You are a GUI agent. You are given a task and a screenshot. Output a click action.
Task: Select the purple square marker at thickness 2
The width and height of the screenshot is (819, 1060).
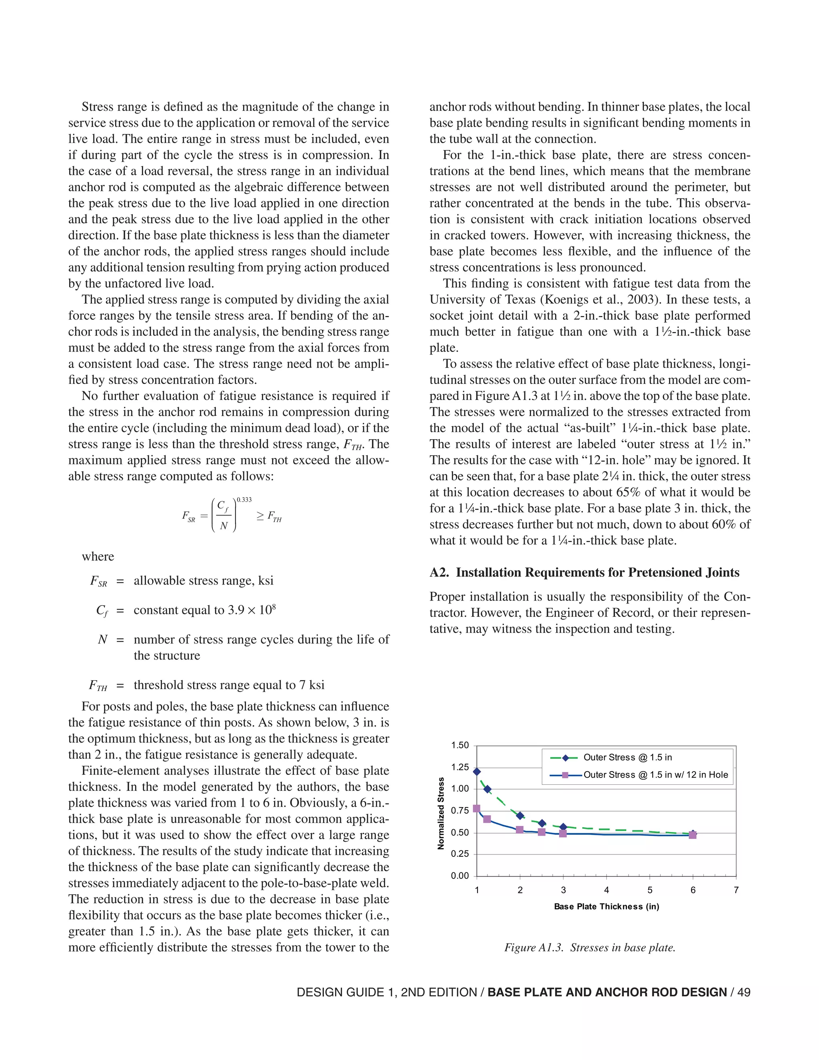(519, 830)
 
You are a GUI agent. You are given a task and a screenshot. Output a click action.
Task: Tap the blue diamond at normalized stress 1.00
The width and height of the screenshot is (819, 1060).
(487, 789)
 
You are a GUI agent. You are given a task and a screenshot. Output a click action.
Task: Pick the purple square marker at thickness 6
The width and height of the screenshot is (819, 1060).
(692, 835)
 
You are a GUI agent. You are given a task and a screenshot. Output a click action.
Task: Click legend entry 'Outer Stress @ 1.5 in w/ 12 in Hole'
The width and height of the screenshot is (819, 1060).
(655, 775)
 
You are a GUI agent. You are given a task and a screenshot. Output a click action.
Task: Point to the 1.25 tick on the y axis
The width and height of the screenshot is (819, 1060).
(460, 767)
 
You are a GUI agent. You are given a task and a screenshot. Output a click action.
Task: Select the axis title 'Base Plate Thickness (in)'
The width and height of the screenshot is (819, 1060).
(607, 907)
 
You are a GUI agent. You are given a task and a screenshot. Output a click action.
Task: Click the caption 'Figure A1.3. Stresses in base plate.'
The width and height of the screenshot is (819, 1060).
(589, 947)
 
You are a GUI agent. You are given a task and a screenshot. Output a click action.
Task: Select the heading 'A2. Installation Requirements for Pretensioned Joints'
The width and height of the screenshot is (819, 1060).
(584, 573)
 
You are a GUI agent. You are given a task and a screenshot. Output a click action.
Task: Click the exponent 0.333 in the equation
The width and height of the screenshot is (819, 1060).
(244, 500)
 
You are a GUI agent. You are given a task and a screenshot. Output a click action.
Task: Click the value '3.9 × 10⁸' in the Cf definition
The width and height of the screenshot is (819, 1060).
(251, 610)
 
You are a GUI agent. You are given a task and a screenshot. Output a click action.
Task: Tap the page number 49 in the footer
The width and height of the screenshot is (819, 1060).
(743, 992)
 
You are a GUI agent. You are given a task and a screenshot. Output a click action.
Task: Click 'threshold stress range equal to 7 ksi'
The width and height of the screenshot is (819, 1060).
(229, 685)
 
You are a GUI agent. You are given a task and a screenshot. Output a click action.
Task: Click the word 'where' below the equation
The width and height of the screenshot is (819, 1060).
(98, 556)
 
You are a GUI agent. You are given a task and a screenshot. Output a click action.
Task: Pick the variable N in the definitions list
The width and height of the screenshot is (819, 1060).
(102, 640)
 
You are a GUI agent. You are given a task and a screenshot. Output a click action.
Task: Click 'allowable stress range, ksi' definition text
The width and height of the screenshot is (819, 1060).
(203, 580)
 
